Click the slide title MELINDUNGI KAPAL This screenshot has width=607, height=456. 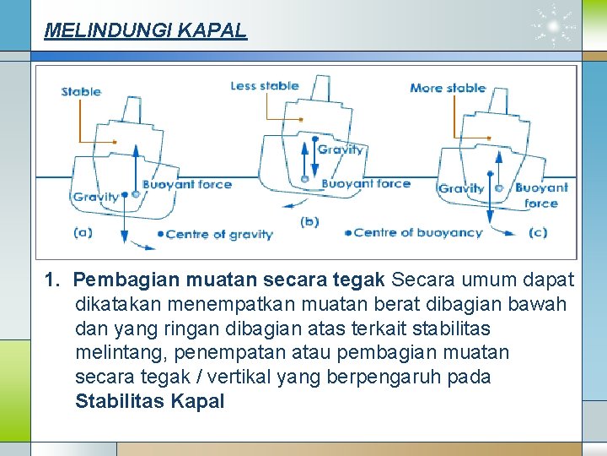(x=145, y=31)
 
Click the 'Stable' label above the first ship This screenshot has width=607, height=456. (x=81, y=91)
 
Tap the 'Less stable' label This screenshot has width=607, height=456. (x=265, y=85)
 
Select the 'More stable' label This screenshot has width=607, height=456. (x=448, y=88)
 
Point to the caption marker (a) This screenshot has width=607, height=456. (x=83, y=231)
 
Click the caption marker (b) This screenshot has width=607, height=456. (x=309, y=222)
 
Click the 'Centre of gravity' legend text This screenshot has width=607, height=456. (x=219, y=235)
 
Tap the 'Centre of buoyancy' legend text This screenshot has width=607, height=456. (x=418, y=232)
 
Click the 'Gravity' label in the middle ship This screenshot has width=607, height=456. (x=341, y=149)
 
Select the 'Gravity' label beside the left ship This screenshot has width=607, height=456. (x=95, y=197)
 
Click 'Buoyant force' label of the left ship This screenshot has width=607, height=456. (x=187, y=184)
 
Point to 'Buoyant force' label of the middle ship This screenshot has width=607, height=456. (x=366, y=183)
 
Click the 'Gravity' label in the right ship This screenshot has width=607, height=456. (x=461, y=188)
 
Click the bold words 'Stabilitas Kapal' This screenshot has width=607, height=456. (x=150, y=401)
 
